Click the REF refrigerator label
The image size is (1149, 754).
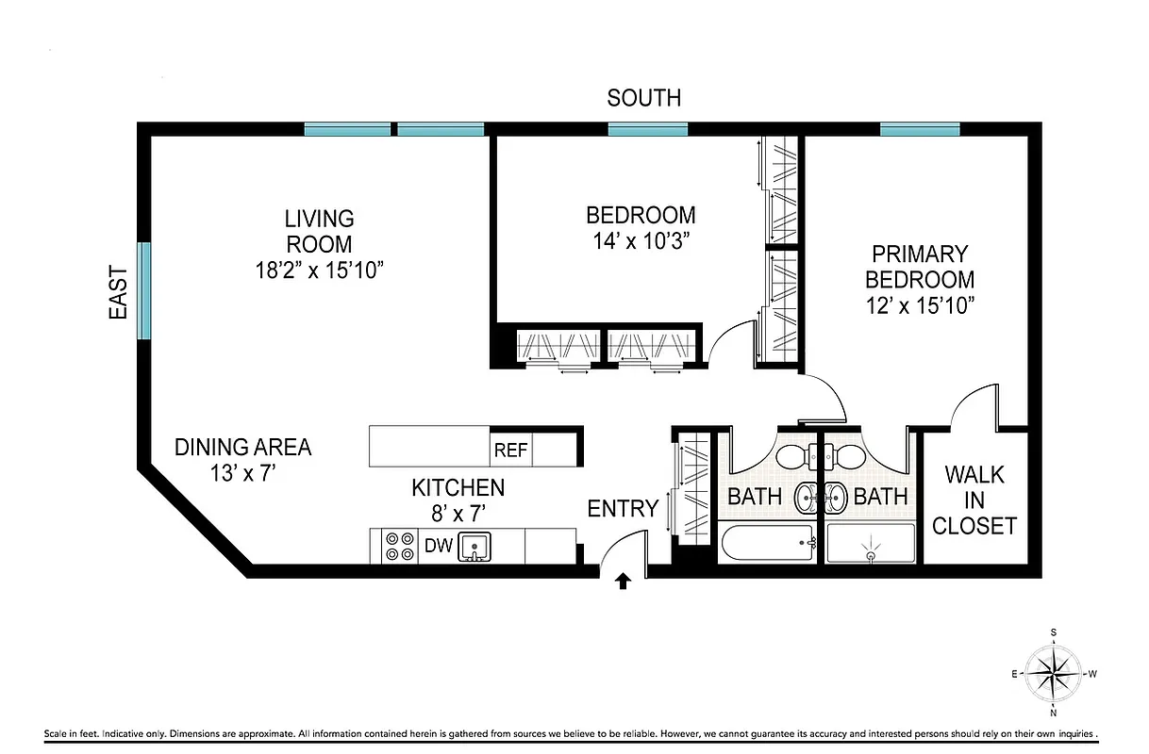coord(510,450)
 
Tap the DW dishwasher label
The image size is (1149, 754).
coord(438,545)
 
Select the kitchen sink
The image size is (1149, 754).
coord(475,546)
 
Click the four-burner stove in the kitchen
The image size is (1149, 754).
coord(400,546)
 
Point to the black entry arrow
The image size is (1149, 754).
coord(623,581)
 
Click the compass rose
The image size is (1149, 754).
coord(1053,673)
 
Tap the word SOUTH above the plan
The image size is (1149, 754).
coord(643,98)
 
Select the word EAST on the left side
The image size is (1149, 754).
coord(118,291)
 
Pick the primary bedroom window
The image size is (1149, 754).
coord(920,129)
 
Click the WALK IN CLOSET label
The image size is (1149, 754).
coord(974,500)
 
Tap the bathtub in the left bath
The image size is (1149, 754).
coord(767,544)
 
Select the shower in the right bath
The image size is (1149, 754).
coord(871,545)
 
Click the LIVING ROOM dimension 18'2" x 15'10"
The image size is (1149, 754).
coord(319,270)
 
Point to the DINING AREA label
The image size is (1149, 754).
coord(242,447)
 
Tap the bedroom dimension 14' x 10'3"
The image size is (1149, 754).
coord(641,240)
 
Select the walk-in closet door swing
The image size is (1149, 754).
coord(974,405)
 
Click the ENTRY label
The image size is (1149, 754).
coord(623,509)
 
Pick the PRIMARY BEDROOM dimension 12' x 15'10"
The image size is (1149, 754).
coord(920,305)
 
